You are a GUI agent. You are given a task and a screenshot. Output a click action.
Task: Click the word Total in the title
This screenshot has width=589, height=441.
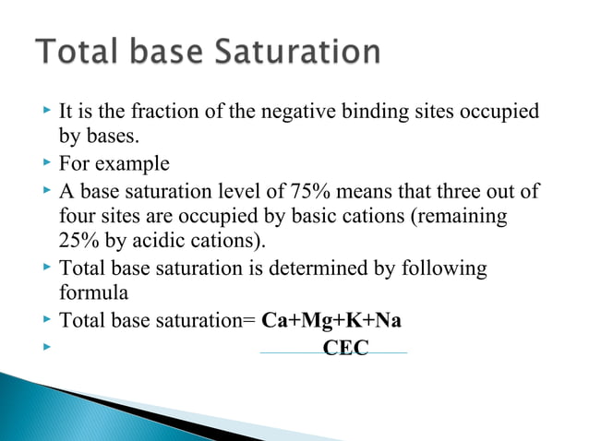pyautogui.click(x=75, y=52)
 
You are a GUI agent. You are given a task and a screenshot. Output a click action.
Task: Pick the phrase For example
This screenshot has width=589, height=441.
pyautogui.click(x=114, y=164)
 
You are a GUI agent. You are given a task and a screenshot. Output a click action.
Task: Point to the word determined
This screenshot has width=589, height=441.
pyautogui.click(x=336, y=268)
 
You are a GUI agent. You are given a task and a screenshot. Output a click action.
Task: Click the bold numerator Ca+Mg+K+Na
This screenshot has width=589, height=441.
pyautogui.click(x=338, y=321)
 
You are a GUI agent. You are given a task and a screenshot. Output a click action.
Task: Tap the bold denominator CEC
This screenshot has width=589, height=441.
pyautogui.click(x=346, y=348)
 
